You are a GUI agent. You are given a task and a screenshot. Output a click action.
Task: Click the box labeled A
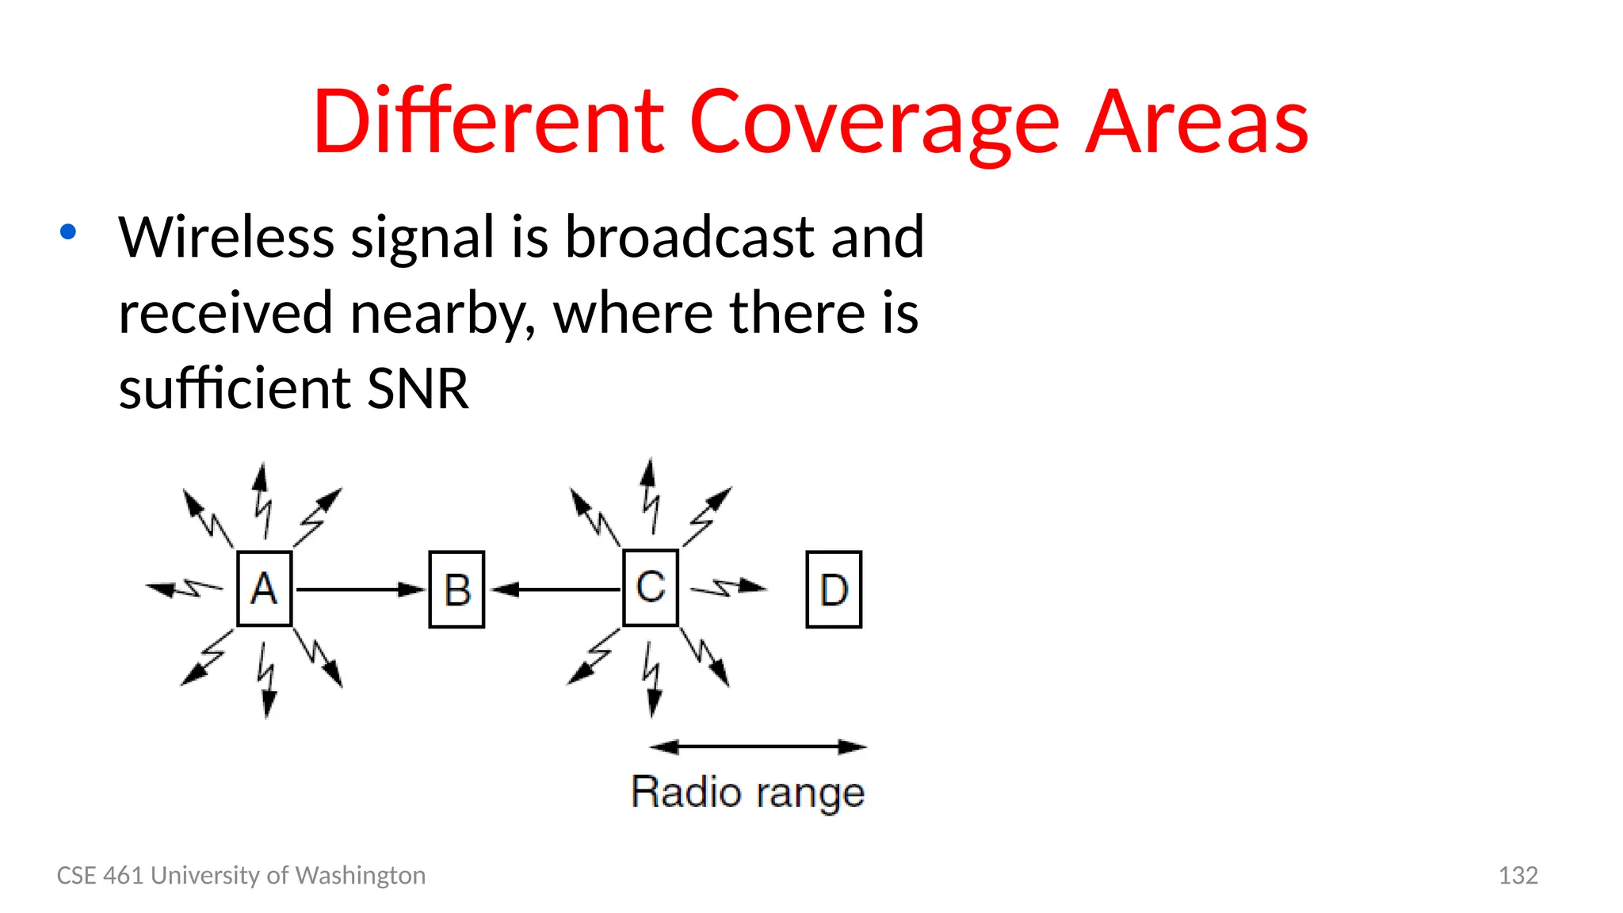point(265,589)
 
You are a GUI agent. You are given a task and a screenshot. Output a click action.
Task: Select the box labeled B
point(456,590)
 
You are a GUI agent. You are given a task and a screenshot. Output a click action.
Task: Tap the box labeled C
point(651,587)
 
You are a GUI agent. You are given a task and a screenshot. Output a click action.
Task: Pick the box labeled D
point(834,590)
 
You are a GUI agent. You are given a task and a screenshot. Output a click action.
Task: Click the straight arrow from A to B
point(361,590)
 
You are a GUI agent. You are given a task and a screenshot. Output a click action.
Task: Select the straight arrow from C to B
point(555,590)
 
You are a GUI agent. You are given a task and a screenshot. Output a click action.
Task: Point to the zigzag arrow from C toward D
point(727,588)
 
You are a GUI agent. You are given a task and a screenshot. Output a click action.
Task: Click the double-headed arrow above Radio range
point(758,747)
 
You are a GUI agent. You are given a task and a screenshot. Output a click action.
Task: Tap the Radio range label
point(747,793)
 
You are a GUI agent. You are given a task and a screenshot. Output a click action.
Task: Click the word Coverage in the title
point(874,122)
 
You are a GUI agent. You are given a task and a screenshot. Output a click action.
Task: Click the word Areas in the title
point(1196,122)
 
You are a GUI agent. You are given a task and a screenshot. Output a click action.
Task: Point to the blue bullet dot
point(68,232)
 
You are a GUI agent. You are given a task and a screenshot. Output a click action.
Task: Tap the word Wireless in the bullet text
point(227,237)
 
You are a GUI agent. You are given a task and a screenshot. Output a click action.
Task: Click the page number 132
point(1518,875)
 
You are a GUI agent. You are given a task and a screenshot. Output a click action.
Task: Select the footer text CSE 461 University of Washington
point(241,875)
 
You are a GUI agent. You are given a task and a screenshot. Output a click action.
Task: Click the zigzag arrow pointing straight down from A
point(267,680)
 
